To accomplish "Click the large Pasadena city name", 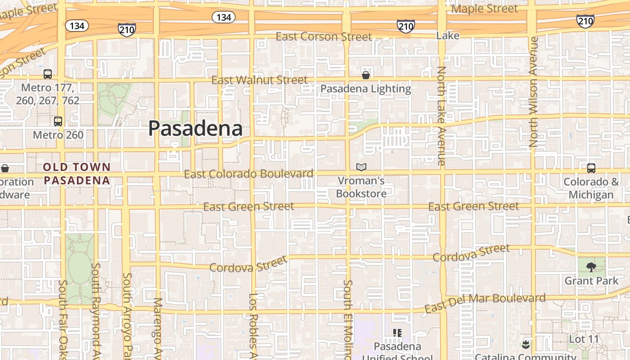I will pos(195,129).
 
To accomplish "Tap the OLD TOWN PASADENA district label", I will pos(77,174).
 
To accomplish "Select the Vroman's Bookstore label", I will pos(361,187).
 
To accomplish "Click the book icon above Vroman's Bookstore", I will pos(361,167).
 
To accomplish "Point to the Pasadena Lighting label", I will pos(365,89).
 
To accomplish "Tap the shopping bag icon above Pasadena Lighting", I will pos(366,75).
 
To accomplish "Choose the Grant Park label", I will pos(591,281).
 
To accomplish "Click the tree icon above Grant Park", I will pos(591,267).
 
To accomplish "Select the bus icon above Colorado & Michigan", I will pos(591,168).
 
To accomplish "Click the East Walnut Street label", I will pos(260,80).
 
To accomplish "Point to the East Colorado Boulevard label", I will pos(248,174).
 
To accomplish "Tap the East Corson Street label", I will pos(324,36).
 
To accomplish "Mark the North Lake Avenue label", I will pos(441,116).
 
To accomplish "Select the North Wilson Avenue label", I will pos(534,92).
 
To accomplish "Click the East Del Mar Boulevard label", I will pos(485,303).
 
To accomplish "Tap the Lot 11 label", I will pos(584,339).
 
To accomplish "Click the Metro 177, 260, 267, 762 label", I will pos(48,94).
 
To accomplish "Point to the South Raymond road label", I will pos(95,310).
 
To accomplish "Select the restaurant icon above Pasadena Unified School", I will pos(397,333).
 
